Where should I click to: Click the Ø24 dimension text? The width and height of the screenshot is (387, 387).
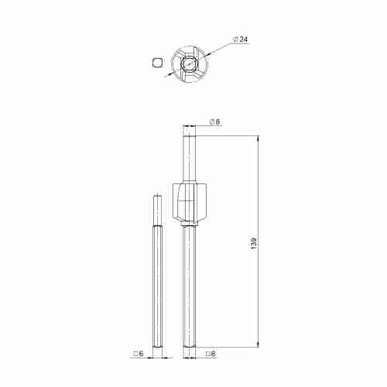tap(240, 39)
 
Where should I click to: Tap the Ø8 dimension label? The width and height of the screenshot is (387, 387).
tap(214, 122)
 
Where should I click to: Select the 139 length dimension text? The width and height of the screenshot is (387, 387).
tap(254, 242)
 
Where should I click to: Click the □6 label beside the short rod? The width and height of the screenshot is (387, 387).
tap(138, 354)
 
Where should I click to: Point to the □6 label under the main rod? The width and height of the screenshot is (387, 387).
tap(211, 354)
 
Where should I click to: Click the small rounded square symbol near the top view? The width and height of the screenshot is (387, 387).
tap(158, 63)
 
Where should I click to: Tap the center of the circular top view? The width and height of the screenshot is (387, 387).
tap(190, 63)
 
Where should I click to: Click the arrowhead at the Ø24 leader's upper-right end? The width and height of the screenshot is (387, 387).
tap(207, 54)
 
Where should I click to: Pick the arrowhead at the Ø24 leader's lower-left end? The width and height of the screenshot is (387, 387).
tap(170, 74)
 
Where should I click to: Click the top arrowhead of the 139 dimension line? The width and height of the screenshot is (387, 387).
tap(259, 139)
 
